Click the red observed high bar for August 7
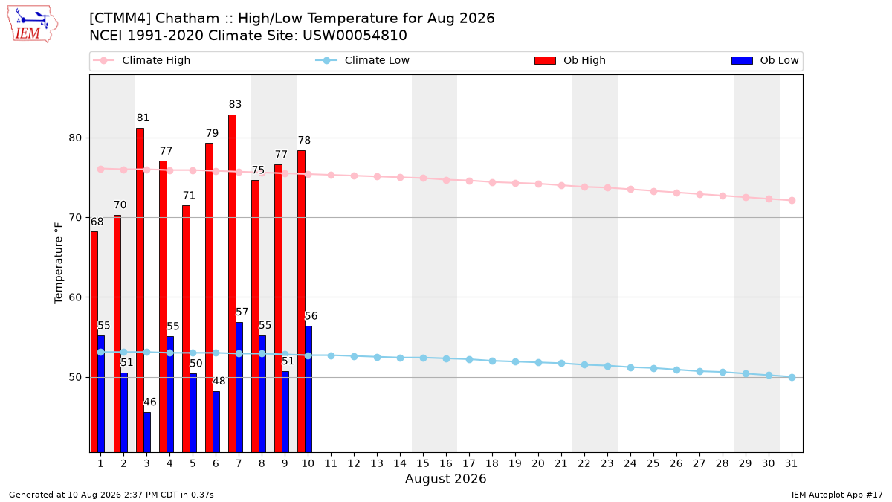[x=232, y=283]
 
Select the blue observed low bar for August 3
[x=147, y=432]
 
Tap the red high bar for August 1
[x=94, y=342]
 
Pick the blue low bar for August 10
[x=308, y=389]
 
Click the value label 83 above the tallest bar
[x=235, y=104]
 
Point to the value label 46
[x=149, y=402]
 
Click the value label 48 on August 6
[x=219, y=382]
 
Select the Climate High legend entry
[x=141, y=60]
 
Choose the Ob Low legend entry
[x=765, y=60]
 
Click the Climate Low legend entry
[x=363, y=60]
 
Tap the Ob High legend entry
[x=570, y=60]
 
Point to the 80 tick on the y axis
[x=75, y=138]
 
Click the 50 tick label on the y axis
[x=75, y=377]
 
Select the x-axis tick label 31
[x=791, y=464]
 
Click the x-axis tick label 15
[x=423, y=464]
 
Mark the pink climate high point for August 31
[x=792, y=200]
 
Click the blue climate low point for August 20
[x=538, y=363]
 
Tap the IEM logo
[x=32, y=25]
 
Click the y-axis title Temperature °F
[x=59, y=263]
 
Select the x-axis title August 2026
[x=445, y=478]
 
